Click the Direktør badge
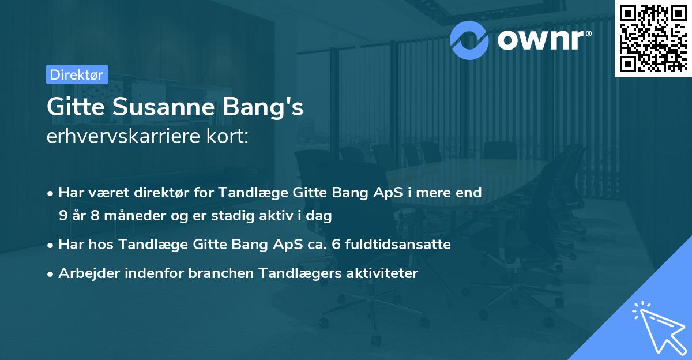(x=76, y=74)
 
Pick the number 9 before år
(x=62, y=216)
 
